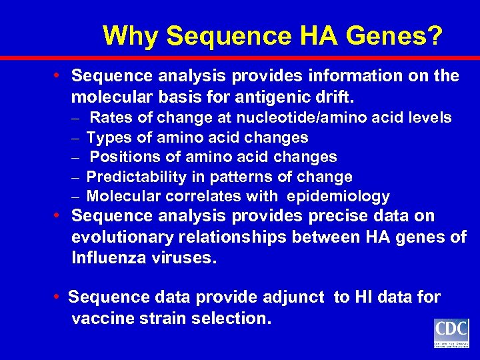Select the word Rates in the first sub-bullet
111,118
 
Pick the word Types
109,138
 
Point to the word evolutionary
128,237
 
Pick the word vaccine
102,318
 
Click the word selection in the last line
231,318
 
